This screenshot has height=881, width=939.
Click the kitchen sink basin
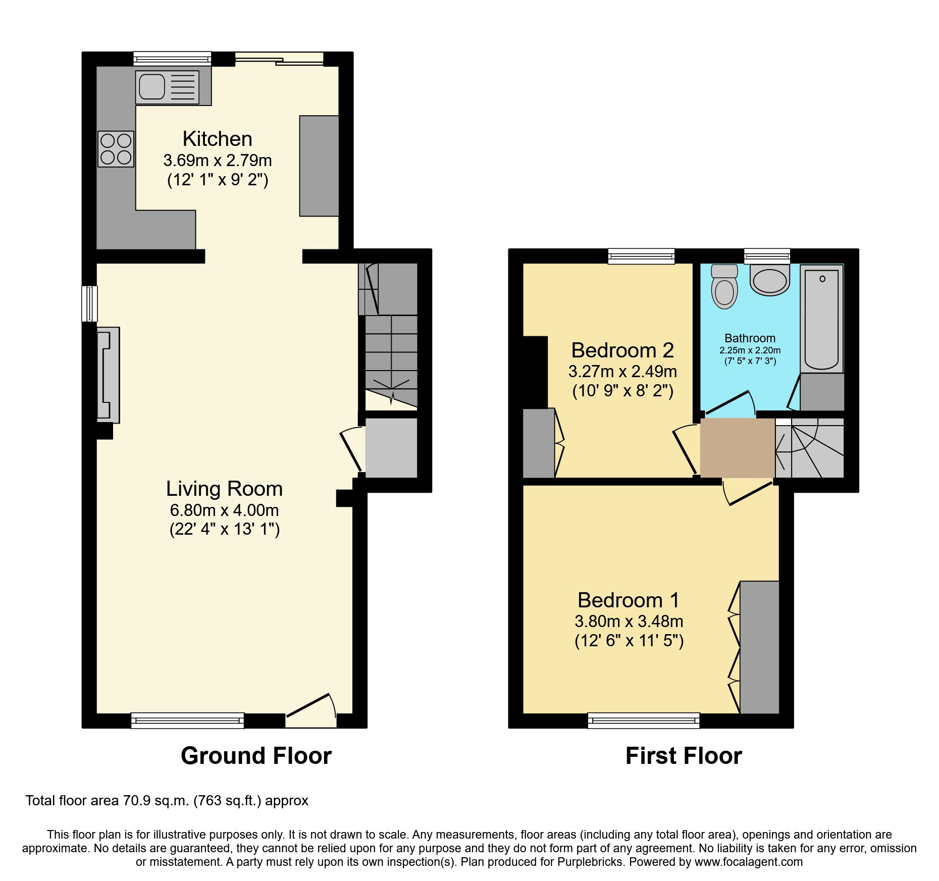point(151,86)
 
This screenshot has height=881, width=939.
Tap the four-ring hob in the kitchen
point(116,149)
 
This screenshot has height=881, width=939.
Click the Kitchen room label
point(217,139)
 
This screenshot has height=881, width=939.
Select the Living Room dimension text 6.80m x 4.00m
point(224,510)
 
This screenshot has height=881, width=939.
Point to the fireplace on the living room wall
point(108,375)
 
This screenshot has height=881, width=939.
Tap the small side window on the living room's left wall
point(89,303)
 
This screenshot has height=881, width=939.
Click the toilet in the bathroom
point(724,288)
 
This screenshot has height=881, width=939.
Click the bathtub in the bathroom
point(821,319)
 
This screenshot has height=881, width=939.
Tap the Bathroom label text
point(750,338)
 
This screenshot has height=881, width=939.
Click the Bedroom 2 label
point(622,350)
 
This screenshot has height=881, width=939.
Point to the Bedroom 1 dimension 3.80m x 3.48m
point(629,621)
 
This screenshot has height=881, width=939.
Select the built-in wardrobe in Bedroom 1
point(759,647)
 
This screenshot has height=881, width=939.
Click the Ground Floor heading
point(256,756)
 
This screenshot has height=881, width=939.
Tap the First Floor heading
point(683,756)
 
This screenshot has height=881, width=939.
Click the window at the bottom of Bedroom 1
point(644,720)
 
